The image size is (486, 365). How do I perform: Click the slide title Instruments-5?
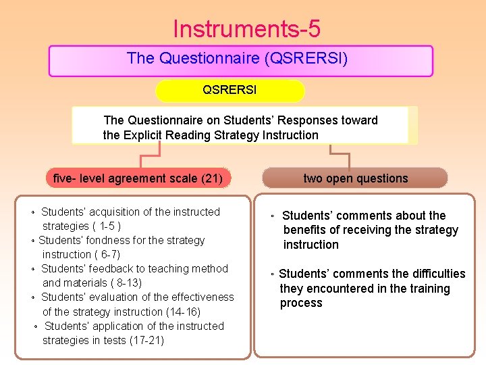[246, 29]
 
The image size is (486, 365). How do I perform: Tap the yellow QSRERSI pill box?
[230, 90]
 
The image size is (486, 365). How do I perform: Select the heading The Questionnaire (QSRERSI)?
[237, 59]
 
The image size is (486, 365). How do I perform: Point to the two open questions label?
[355, 178]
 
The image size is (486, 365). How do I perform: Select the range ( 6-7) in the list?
[106, 254]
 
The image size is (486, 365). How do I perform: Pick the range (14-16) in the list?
[183, 312]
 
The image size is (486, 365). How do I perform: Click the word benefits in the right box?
[304, 230]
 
